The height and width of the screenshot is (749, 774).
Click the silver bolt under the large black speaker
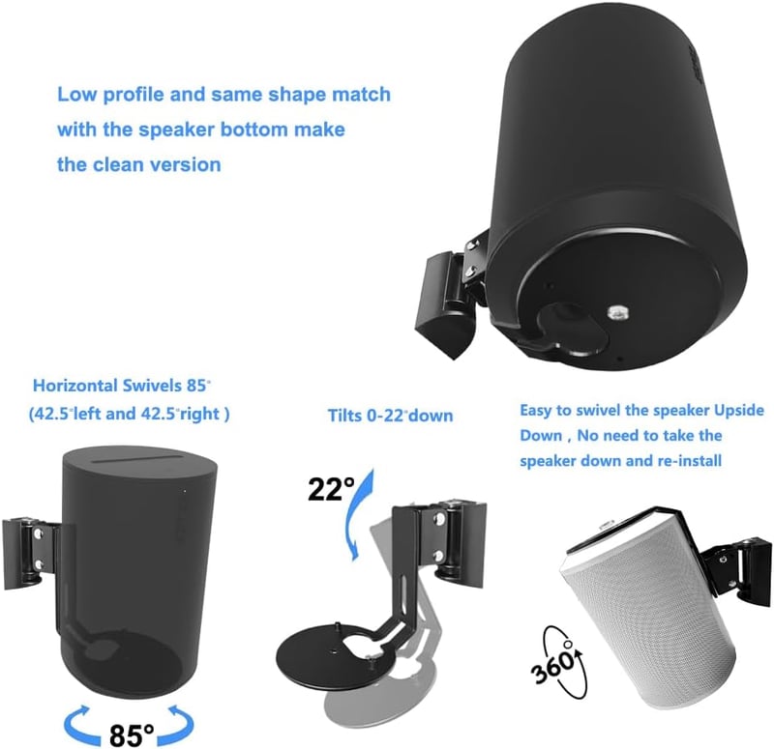pos(615,312)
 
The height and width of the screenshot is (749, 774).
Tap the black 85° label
pos(132,734)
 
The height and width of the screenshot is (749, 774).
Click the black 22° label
pos(331,490)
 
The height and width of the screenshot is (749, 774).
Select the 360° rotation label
pos(553,662)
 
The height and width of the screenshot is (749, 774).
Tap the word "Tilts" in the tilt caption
pos(344,416)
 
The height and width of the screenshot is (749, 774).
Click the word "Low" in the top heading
pos(76,94)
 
